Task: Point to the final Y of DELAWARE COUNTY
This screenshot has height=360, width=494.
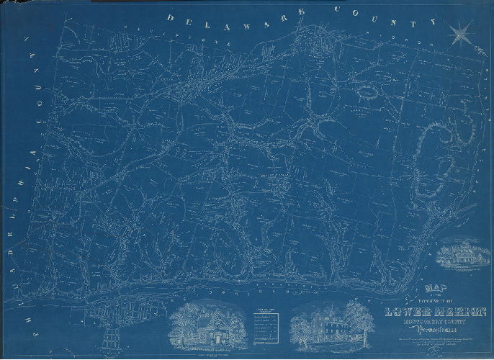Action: (x=433, y=22)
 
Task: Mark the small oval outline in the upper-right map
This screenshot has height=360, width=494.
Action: (x=367, y=92)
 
